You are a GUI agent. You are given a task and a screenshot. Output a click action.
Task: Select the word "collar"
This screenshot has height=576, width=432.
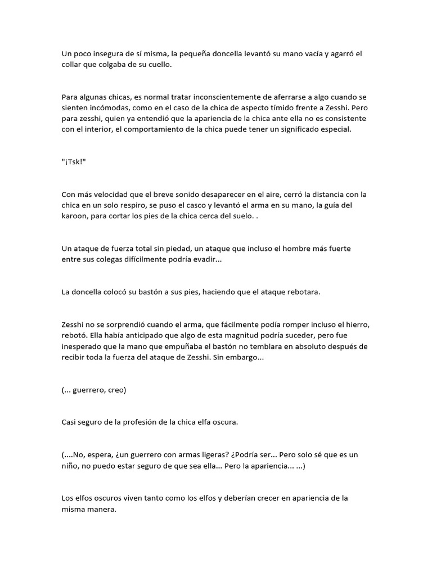click(73, 65)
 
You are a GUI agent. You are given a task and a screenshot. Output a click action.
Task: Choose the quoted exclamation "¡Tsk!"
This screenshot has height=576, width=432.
click(74, 163)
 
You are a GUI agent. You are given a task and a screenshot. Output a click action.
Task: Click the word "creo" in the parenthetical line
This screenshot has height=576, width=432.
click(116, 390)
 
